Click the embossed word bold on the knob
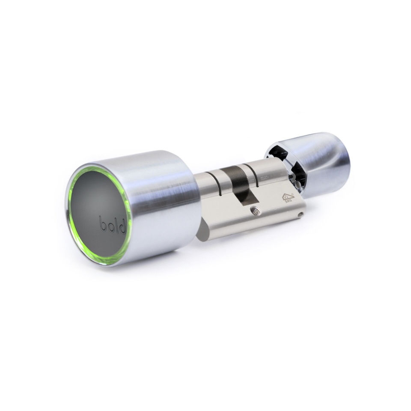pyautogui.click(x=112, y=225)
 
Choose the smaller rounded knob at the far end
pyautogui.click(x=325, y=158)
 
